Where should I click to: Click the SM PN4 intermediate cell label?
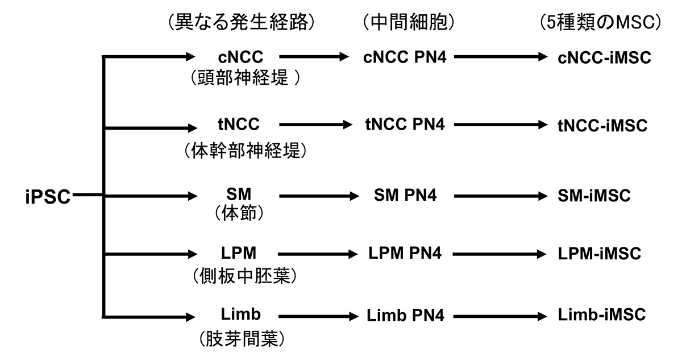(404, 196)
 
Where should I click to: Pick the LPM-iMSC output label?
(600, 254)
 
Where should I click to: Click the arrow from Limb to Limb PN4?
(313, 316)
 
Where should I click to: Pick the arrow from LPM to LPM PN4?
(313, 254)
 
